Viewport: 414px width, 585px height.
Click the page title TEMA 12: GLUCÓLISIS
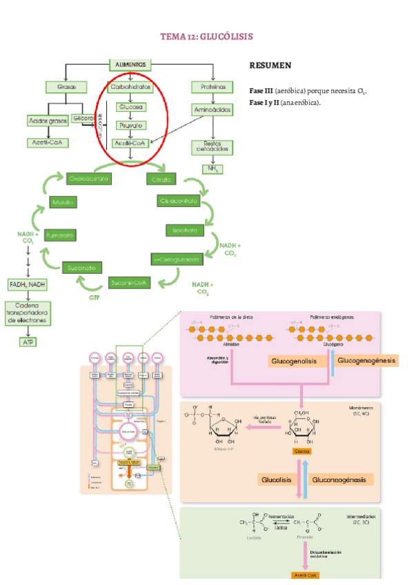207,36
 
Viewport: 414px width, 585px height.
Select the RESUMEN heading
270,66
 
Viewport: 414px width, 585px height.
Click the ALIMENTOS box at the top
131,65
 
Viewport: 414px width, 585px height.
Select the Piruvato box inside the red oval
131,126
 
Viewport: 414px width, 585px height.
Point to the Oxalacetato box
90,179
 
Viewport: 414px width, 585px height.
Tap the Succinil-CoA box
130,281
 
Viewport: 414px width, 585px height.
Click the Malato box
62,203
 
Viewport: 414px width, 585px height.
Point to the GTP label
95,298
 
